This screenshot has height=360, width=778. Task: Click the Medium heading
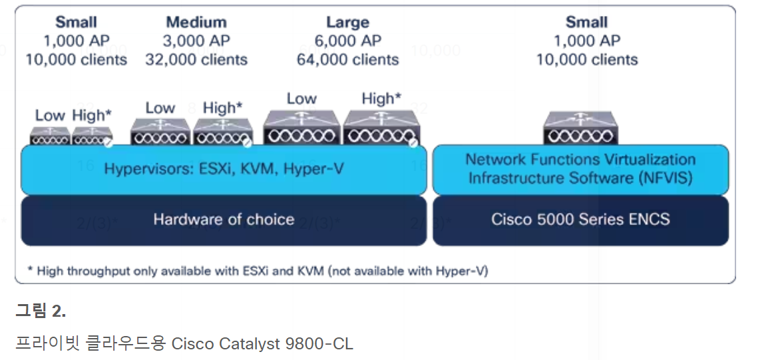tap(196, 23)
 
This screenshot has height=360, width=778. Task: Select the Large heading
tap(347, 23)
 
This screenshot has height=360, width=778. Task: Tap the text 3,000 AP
tap(196, 41)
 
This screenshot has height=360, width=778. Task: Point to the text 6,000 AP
tap(347, 41)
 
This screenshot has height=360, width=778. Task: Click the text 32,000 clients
tap(196, 59)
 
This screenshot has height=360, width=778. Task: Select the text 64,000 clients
tap(347, 59)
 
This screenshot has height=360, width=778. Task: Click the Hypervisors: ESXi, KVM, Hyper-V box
tap(224, 169)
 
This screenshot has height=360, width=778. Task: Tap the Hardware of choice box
tap(224, 220)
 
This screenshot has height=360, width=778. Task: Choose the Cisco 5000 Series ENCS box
tap(580, 220)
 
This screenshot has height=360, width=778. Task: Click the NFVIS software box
tap(580, 169)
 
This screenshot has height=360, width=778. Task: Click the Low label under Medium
tap(160, 108)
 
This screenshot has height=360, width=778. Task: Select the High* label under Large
tap(381, 98)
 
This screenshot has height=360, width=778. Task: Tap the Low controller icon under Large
tap(301, 128)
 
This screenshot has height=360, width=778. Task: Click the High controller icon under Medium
tap(222, 132)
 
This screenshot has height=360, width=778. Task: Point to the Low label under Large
tap(301, 98)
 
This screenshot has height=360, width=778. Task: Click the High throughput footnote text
tap(257, 271)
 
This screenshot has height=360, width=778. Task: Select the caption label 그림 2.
tap(41, 310)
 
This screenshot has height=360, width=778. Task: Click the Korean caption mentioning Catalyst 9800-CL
tap(184, 343)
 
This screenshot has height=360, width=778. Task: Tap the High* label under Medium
tap(222, 108)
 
